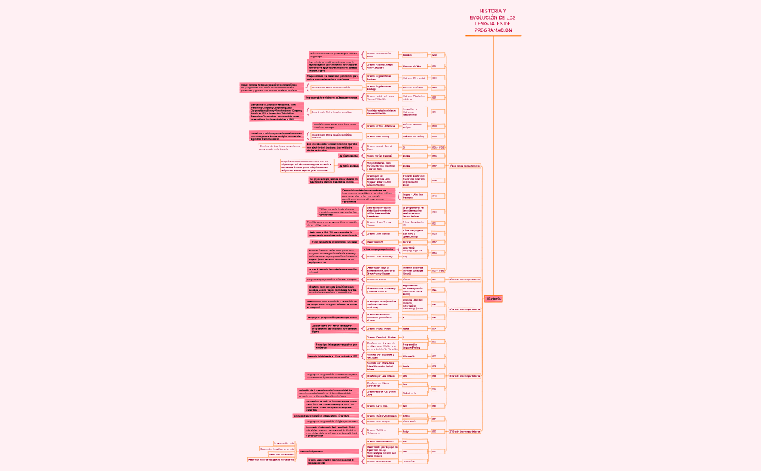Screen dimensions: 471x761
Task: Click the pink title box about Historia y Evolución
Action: (x=493, y=22)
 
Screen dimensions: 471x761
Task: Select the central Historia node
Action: (x=494, y=299)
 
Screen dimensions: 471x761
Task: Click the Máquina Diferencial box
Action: (x=414, y=78)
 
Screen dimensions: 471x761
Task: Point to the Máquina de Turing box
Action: (x=414, y=136)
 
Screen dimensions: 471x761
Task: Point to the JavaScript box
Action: (x=409, y=461)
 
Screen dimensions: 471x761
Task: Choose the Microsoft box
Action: (x=409, y=356)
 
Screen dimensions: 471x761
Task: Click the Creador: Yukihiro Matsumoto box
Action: (x=380, y=431)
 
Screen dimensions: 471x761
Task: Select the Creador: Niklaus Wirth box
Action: (x=380, y=328)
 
